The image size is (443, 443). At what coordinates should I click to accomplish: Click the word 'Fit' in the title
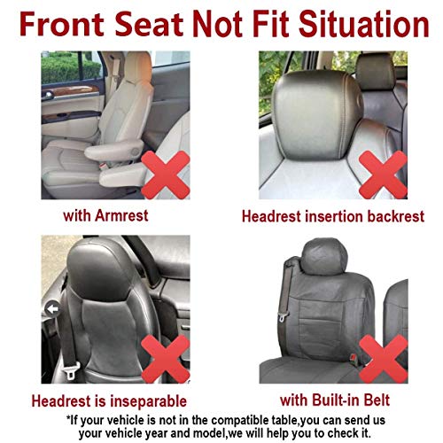coord(270,23)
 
